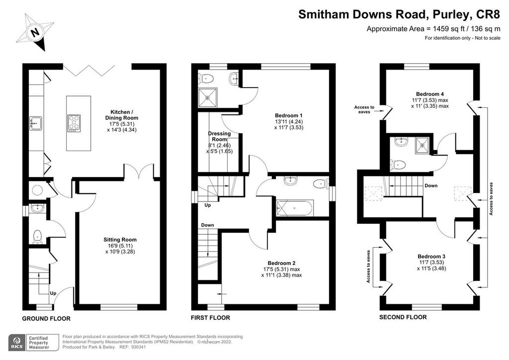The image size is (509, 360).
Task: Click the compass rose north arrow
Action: coord(35,32)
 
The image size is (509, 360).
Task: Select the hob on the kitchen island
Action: coord(74,123)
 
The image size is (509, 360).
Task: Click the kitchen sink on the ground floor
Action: coord(35,123)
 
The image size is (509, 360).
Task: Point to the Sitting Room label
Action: coord(120,240)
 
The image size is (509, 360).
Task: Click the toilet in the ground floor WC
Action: coord(37,237)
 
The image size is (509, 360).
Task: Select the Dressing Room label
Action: coord(219,136)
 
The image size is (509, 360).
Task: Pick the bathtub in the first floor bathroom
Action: coord(295,208)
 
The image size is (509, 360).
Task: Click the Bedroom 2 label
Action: coord(281,263)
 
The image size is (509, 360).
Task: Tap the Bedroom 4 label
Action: coord(430,94)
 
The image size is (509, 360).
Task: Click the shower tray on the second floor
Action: coord(423,145)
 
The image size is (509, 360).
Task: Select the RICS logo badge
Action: coord(17,343)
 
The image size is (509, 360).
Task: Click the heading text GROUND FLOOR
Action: coord(46,319)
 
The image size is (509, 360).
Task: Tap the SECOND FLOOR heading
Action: coord(403,317)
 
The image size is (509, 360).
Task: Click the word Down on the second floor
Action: coord(431,185)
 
